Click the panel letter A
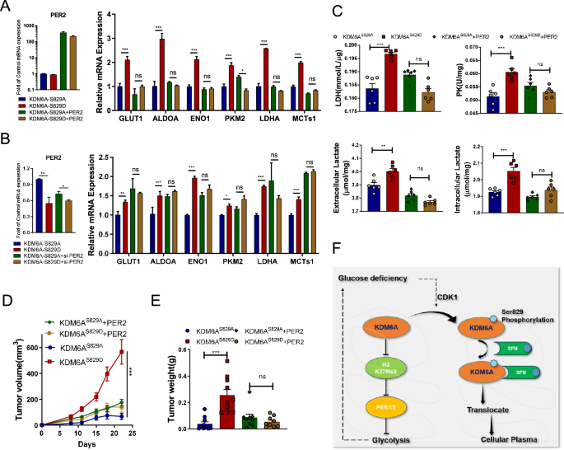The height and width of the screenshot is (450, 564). [7, 7]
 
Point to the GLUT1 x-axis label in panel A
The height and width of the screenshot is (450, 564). [129, 106]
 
